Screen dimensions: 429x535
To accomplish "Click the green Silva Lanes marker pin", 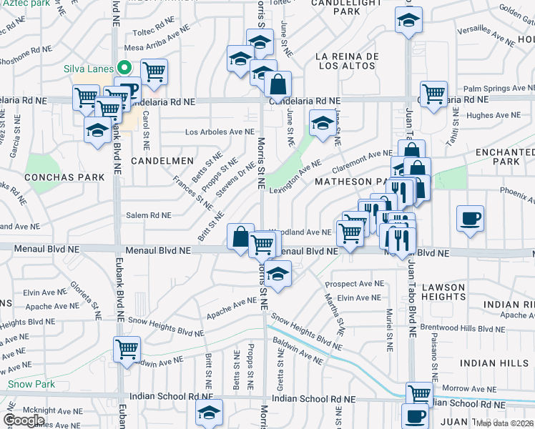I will pyautogui.click(x=124, y=69).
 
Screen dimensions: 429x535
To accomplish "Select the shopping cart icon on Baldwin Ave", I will pyautogui.click(x=127, y=349).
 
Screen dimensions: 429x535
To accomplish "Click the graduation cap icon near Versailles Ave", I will pyautogui.click(x=408, y=20).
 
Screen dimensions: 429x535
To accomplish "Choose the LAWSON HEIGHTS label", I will pyautogui.click(x=443, y=292).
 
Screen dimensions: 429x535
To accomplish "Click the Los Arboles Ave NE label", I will pyautogui.click(x=220, y=132).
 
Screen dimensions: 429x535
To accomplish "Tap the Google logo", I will pyautogui.click(x=24, y=420).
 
